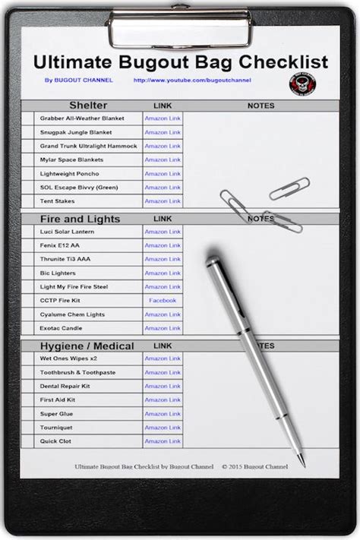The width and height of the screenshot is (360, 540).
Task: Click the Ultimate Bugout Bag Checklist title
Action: point(180,62)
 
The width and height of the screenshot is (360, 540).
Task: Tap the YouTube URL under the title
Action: point(192,81)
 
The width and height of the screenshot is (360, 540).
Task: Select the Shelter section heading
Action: point(88,106)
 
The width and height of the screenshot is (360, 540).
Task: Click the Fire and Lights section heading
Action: point(80,219)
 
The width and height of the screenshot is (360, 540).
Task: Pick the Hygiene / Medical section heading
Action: point(87,346)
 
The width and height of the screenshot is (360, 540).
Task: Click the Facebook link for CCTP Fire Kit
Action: point(163,301)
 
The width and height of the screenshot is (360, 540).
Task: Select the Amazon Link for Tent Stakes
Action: point(163,201)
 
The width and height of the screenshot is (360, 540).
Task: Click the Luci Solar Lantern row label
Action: point(67,232)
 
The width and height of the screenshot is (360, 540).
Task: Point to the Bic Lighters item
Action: point(58,273)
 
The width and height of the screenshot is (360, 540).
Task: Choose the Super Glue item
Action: point(56,414)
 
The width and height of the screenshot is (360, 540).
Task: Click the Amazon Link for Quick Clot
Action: point(163,441)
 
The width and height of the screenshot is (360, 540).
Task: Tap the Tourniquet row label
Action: point(56,428)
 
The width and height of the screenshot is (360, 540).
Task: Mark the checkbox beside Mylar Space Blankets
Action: point(28,160)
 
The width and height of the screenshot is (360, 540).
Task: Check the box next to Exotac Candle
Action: point(28,328)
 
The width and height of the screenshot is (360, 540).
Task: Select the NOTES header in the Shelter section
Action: point(261,106)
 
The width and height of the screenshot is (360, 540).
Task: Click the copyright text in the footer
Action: point(256,466)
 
